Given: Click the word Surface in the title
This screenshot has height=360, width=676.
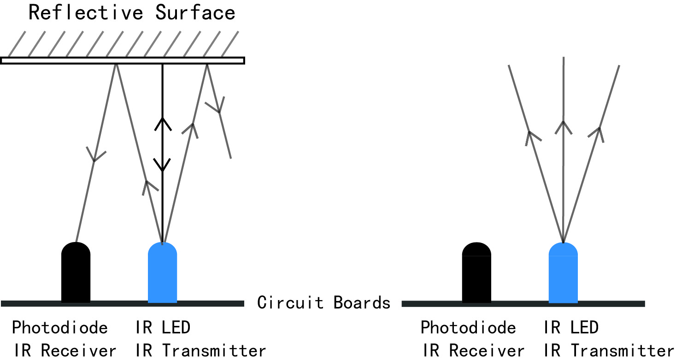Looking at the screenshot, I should tap(195, 13).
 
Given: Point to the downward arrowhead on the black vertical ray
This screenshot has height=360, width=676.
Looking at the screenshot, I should tap(162, 165).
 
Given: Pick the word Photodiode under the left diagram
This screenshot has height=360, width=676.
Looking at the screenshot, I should tap(60, 328).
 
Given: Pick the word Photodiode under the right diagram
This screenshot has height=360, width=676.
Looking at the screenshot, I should tap(468, 328).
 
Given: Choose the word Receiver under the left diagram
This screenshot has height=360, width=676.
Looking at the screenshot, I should tap(78, 350).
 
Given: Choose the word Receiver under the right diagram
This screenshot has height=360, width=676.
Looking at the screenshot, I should tap(487, 350).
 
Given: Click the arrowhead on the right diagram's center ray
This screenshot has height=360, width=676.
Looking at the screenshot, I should tap(563, 125).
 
